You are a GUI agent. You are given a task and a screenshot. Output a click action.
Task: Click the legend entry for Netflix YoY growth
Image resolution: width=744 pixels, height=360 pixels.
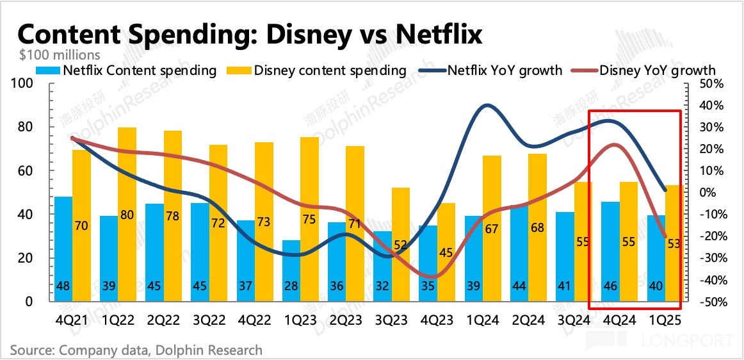tap(499, 70)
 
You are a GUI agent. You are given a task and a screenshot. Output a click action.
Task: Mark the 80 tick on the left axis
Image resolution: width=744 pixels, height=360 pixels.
tap(26, 127)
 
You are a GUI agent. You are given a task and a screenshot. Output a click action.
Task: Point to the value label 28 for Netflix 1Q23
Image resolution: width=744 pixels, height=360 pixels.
tap(291, 286)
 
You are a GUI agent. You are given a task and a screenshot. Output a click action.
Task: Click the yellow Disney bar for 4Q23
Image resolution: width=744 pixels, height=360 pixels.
tap(446, 252)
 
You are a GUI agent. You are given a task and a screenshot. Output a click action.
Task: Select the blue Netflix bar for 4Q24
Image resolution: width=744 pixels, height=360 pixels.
tap(610, 251)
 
